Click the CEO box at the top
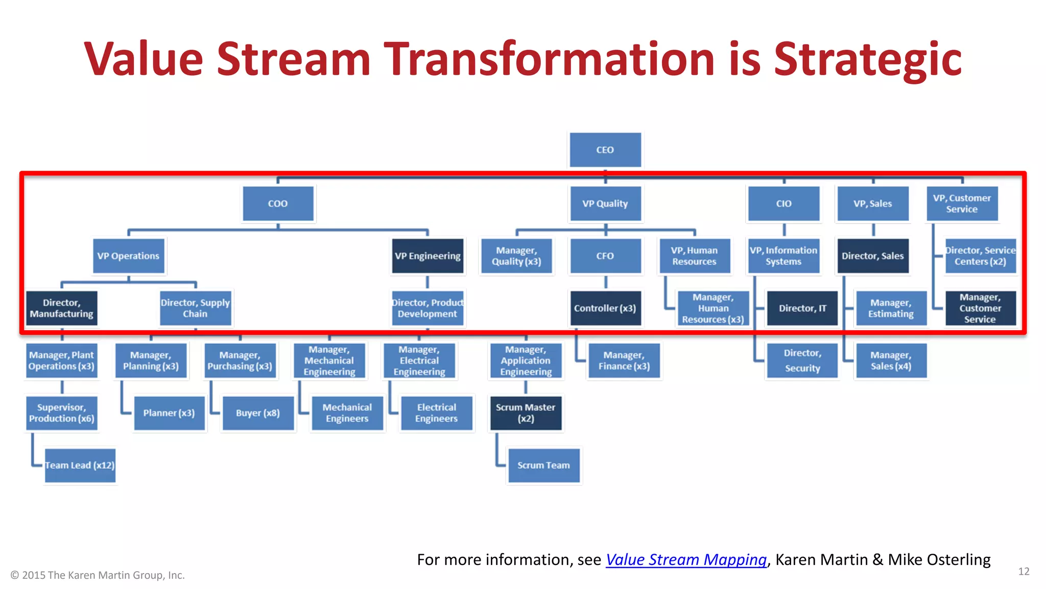point(605,150)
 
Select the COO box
point(278,203)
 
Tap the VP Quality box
point(605,203)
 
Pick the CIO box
point(783,203)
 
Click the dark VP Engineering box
point(427,256)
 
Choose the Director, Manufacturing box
point(61,308)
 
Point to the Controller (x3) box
point(605,308)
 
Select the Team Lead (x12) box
point(80,465)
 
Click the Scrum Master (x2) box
point(526,413)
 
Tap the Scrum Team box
point(543,465)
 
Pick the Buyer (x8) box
point(258,413)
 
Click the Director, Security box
point(802,360)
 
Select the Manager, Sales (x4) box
point(891,360)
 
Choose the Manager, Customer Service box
point(980,308)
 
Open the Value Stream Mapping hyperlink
point(686,560)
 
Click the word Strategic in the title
point(867,60)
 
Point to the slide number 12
point(1024,572)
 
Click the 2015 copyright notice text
point(98,575)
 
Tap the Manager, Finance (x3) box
point(624,360)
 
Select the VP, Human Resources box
point(694,256)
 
